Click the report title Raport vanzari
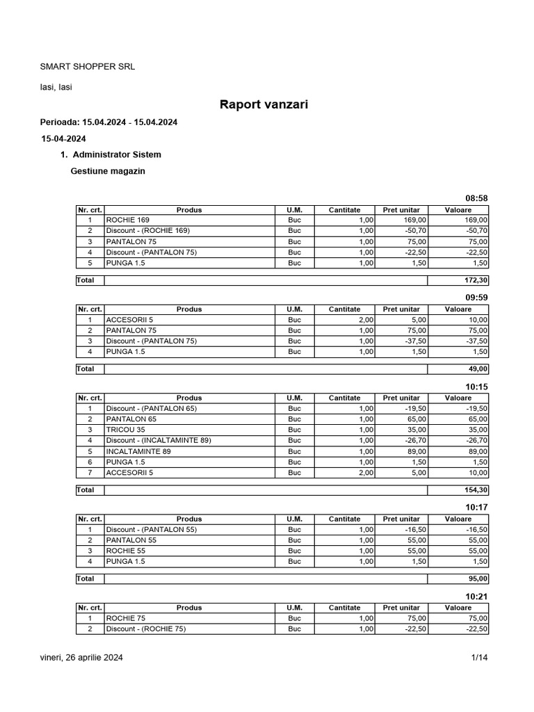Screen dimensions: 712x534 tap(264, 105)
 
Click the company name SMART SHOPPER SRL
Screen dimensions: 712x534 tap(87, 67)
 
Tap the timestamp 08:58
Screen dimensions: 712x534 tap(476, 198)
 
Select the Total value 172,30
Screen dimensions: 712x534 tap(476, 280)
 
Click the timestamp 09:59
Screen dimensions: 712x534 tap(476, 298)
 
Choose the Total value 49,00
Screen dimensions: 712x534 tap(478, 369)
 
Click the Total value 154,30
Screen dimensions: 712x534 tap(476, 490)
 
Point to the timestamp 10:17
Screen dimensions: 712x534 tap(476, 508)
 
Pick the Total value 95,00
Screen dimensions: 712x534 tap(478, 578)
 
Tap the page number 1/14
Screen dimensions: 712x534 tap(480, 657)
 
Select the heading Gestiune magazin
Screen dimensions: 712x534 tap(108, 171)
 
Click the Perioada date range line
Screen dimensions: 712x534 tap(109, 122)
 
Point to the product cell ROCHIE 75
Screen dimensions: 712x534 tap(125, 618)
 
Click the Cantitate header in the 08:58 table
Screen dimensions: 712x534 tap(344, 209)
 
